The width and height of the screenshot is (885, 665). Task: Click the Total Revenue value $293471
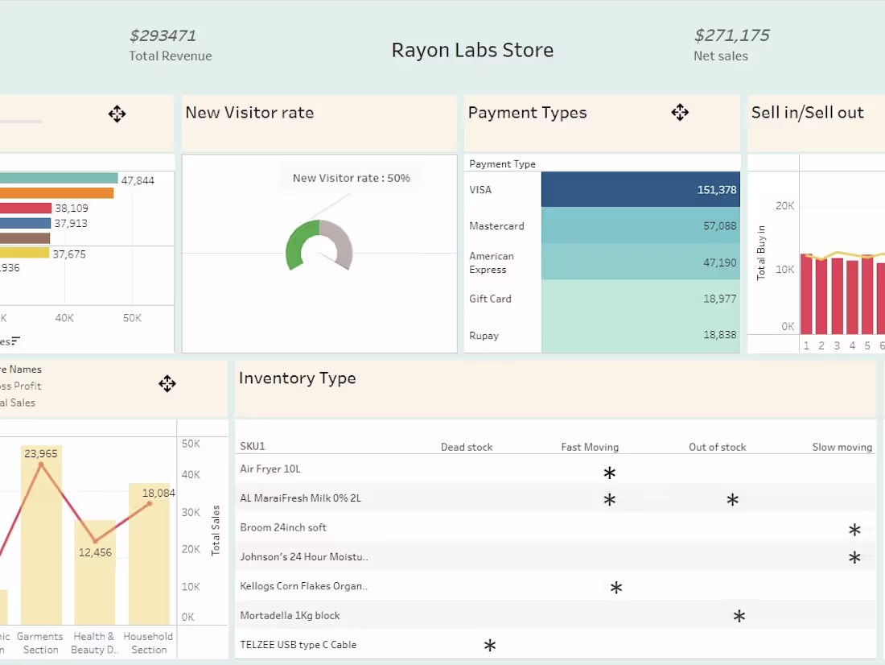163,35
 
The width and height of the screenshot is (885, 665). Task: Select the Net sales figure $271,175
731,35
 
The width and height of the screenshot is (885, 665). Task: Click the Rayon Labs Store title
472,50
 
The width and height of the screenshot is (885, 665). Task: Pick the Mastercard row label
496,226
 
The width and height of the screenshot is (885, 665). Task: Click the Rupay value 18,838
719,336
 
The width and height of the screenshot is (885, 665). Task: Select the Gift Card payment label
490,299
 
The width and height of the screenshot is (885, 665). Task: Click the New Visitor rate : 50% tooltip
351,178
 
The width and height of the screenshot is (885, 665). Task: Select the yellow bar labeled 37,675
24,253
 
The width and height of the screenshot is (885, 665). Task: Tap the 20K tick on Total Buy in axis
784,206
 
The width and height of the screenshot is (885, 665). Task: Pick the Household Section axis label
149,642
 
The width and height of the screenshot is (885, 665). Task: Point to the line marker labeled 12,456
95,542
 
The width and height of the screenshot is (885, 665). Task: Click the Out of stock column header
717,447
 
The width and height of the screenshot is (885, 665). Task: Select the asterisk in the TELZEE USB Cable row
489,646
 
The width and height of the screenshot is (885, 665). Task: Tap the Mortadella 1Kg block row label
290,616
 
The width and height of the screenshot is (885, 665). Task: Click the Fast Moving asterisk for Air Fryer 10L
609,473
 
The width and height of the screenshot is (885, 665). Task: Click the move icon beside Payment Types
680,113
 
